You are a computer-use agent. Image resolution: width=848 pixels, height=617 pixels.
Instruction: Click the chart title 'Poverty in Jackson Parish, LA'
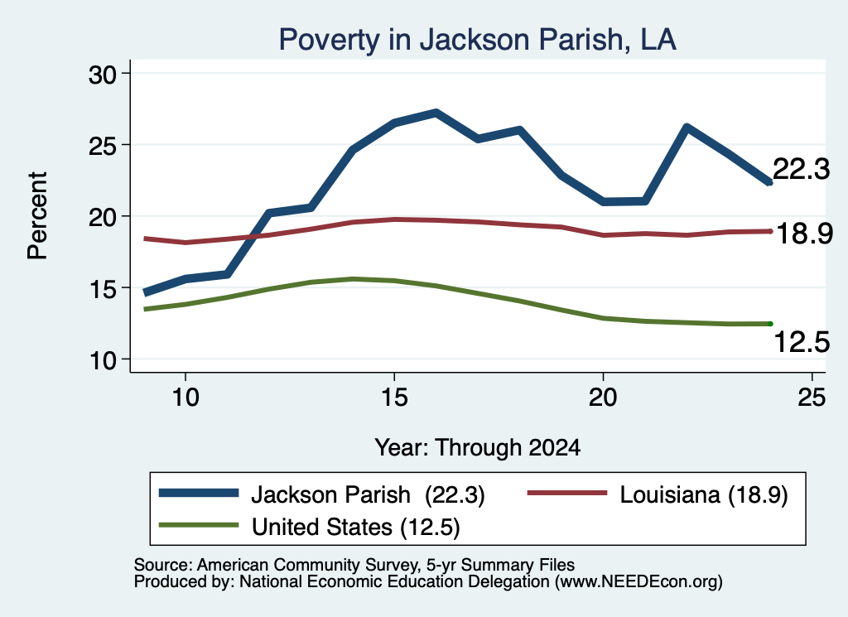point(477,40)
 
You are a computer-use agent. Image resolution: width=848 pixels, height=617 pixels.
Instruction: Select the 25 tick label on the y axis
point(103,146)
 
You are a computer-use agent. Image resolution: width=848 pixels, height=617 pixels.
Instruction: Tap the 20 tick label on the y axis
point(103,217)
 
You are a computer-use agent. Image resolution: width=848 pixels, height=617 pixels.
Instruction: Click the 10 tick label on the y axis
point(103,360)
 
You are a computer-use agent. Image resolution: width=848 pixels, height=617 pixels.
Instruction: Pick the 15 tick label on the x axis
point(394,398)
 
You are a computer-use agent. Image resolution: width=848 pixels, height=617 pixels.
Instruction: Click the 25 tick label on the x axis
point(812,398)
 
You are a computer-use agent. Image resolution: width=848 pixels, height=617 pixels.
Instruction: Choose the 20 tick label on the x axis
point(603,398)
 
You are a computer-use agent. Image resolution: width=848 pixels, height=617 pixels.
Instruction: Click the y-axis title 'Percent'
point(37,216)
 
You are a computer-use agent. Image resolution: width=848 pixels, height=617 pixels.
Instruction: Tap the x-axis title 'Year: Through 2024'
point(478,448)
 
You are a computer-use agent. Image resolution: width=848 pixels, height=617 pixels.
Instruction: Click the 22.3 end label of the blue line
point(801,169)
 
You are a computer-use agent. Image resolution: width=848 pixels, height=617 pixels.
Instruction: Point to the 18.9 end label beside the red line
point(804,234)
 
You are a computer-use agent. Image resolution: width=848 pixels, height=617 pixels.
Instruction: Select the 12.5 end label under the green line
point(802,342)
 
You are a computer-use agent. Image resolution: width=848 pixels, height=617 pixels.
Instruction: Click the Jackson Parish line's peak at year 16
point(436,113)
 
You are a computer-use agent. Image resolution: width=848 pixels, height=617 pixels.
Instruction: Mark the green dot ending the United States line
point(770,324)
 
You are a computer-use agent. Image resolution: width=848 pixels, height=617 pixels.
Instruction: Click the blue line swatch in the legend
point(199,493)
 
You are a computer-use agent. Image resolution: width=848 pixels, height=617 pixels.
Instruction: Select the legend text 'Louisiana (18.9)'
point(704,494)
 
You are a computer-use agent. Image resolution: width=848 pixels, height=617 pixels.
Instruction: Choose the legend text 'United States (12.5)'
point(356,527)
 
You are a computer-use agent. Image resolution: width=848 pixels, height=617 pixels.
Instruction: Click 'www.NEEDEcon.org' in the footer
point(638,581)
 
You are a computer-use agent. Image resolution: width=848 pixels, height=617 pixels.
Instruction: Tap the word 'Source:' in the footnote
point(163,565)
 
